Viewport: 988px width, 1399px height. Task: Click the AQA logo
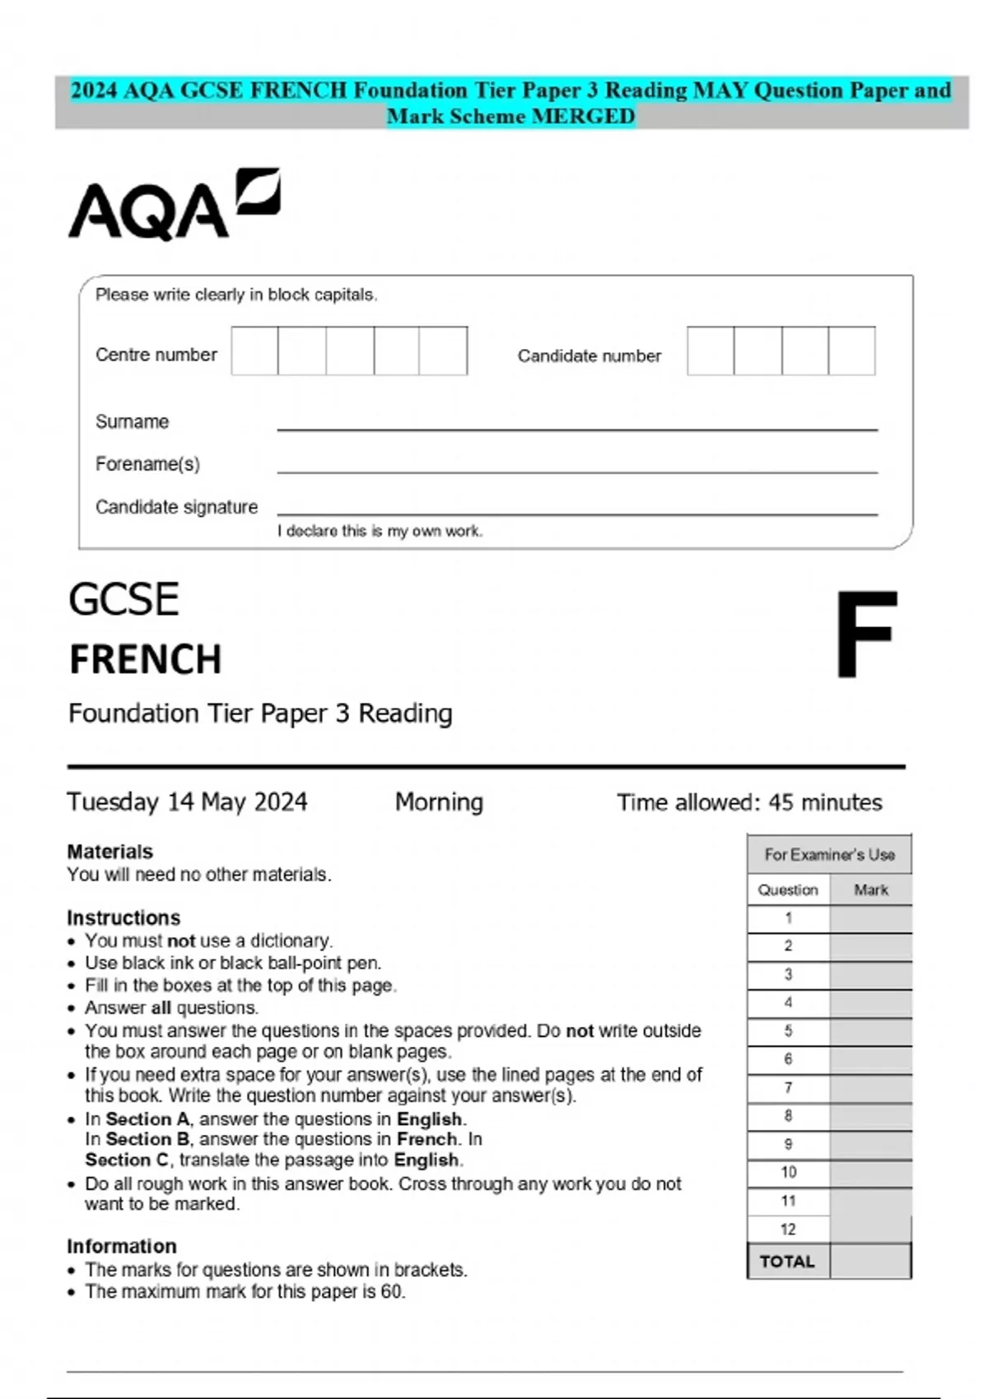coord(174,205)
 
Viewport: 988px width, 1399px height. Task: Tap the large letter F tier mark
coord(866,634)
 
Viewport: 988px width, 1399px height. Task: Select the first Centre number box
coord(254,351)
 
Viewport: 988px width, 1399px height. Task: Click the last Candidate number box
coord(851,351)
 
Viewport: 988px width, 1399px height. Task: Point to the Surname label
coord(132,422)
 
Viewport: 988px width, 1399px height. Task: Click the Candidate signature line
coord(576,514)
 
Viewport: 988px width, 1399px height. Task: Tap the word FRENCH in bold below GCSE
coord(146,660)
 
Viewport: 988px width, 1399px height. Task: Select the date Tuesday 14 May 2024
coord(187,802)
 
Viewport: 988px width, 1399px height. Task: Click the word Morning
coord(439,802)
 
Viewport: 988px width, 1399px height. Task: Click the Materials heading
coord(110,852)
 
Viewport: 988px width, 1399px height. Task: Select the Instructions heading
coord(123,918)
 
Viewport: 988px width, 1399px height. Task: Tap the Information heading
coord(122,1247)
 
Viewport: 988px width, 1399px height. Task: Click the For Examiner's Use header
coord(829,855)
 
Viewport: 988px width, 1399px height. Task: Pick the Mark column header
coord(871,890)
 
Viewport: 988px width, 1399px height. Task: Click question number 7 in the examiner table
coord(788,1088)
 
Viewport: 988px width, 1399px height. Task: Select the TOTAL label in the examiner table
coord(787,1262)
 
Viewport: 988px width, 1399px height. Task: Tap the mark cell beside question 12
coord(870,1229)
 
